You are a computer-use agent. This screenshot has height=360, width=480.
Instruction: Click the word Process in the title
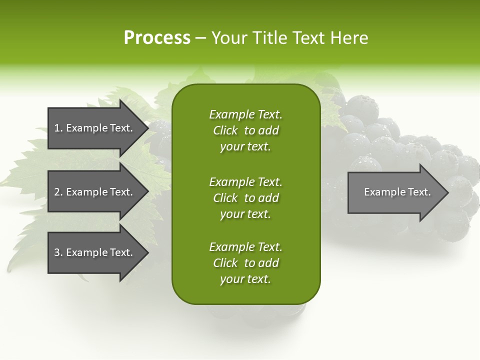pos(157,38)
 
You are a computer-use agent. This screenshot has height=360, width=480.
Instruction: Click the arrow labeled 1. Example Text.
pos(95,128)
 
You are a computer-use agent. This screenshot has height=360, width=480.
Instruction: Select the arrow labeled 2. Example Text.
pos(95,192)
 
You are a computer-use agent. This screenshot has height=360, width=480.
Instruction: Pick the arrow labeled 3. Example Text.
pos(95,252)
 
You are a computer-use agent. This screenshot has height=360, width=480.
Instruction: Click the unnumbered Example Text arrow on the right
pos(395,192)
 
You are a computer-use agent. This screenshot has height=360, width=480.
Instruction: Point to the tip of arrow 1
pos(147,128)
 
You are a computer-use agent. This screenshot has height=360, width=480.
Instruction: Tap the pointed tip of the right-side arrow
pos(447,192)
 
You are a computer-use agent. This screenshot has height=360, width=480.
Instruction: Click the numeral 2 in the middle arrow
pos(57,192)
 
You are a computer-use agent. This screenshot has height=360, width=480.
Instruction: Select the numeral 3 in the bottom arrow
pos(57,252)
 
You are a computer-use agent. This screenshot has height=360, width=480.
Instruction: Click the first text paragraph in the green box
pos(245,130)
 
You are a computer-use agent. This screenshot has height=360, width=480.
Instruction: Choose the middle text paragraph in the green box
pos(245,198)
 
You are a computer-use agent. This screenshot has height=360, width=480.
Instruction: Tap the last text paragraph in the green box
pos(245,263)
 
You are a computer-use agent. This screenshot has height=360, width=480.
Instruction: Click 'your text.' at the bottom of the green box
pos(245,279)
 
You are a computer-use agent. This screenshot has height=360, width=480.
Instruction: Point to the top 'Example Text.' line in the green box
pos(245,114)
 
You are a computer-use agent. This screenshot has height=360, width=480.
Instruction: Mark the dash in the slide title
pos(200,38)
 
